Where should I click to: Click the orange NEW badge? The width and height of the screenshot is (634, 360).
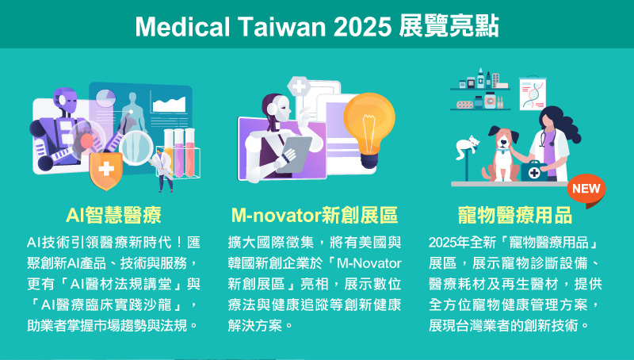(586, 190)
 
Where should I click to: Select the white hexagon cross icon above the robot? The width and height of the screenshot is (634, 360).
(299, 86)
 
